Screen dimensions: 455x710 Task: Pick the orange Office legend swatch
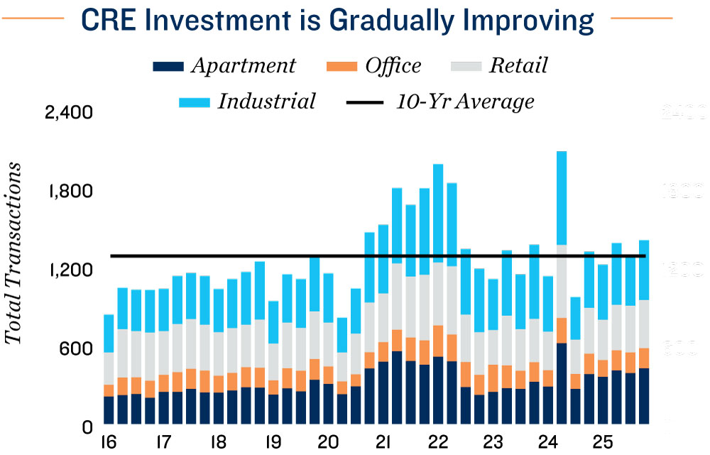click(340, 67)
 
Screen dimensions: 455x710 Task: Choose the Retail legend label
click(518, 66)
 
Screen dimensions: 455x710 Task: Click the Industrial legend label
click(266, 101)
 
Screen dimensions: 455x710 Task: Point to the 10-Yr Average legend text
click(465, 101)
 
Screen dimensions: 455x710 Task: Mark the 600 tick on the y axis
click(79, 349)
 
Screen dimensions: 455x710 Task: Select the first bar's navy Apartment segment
click(109, 411)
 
